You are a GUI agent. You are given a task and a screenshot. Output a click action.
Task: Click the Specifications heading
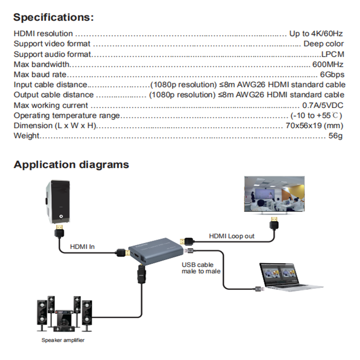pos(53,18)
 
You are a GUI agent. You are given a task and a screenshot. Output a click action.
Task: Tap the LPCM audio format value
pos(333,54)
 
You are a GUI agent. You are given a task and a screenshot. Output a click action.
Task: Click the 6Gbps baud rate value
pos(332,75)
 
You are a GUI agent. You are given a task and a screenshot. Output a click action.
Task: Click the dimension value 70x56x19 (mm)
pos(314,126)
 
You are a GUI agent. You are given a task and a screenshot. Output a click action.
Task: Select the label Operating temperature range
pos(67,116)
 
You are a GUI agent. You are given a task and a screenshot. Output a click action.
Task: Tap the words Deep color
pos(324,44)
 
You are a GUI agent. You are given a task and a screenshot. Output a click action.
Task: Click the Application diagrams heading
pos(71,165)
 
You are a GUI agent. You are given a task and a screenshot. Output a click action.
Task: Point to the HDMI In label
pos(83,247)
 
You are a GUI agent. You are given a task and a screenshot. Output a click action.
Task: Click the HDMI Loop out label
pos(231,236)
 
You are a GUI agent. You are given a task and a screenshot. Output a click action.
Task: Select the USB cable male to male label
pos(198,268)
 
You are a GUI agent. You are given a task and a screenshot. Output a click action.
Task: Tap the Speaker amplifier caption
pos(63,340)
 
